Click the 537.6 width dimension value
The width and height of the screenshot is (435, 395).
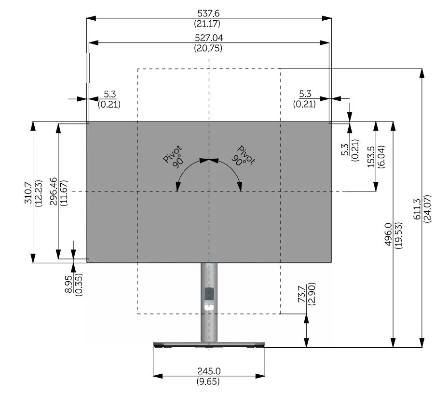[208, 13]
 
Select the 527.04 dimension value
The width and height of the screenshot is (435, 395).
[208, 38]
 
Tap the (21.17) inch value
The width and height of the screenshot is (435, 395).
[208, 23]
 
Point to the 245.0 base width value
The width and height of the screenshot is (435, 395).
[208, 371]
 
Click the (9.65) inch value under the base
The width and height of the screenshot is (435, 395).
[208, 381]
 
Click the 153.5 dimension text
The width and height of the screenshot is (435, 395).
[371, 157]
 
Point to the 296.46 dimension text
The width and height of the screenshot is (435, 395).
[54, 191]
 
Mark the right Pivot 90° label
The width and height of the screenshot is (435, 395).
[244, 156]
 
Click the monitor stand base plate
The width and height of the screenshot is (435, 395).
[209, 344]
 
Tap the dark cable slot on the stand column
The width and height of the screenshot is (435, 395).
[209, 293]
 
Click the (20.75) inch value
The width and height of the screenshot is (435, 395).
[208, 48]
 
